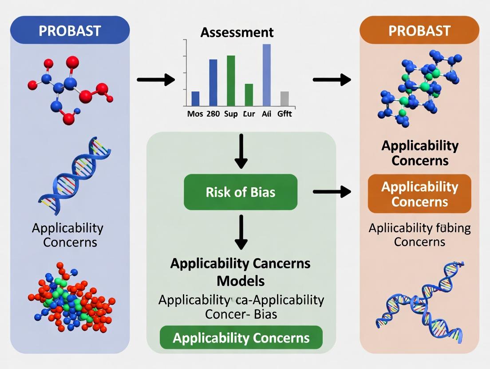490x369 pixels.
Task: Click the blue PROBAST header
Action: pos(70,31)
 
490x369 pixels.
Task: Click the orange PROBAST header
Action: pos(419,31)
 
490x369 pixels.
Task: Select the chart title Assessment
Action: pos(237,32)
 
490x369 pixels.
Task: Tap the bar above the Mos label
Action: pos(195,98)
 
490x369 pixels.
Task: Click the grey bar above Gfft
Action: pos(285,98)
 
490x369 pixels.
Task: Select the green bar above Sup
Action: pos(231,80)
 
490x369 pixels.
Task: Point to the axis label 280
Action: pos(213,114)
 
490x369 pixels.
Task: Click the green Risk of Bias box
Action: pos(241,192)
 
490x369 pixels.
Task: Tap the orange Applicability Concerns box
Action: pos(419,194)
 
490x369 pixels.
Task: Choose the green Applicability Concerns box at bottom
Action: pos(241,338)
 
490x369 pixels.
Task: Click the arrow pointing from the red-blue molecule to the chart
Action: pos(156,80)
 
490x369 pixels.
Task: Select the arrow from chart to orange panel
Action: pos(332,80)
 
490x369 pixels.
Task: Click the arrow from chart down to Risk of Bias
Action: pos(241,151)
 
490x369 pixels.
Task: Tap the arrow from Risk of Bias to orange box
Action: pos(332,192)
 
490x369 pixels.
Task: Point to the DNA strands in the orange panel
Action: pos(419,302)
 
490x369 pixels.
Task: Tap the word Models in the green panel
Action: pos(241,281)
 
